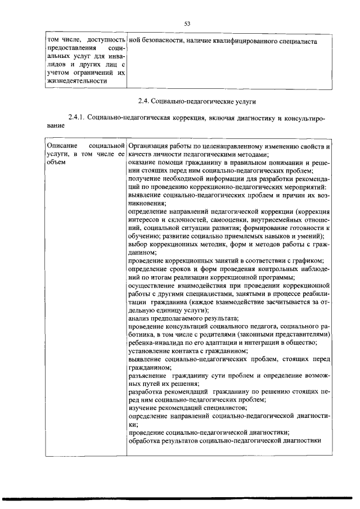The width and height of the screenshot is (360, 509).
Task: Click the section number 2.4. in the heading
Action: pyautogui.click(x=145, y=101)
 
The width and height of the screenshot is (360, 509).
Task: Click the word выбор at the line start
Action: pyautogui.click(x=138, y=245)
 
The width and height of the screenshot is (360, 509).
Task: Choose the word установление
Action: pyautogui.click(x=150, y=350)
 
